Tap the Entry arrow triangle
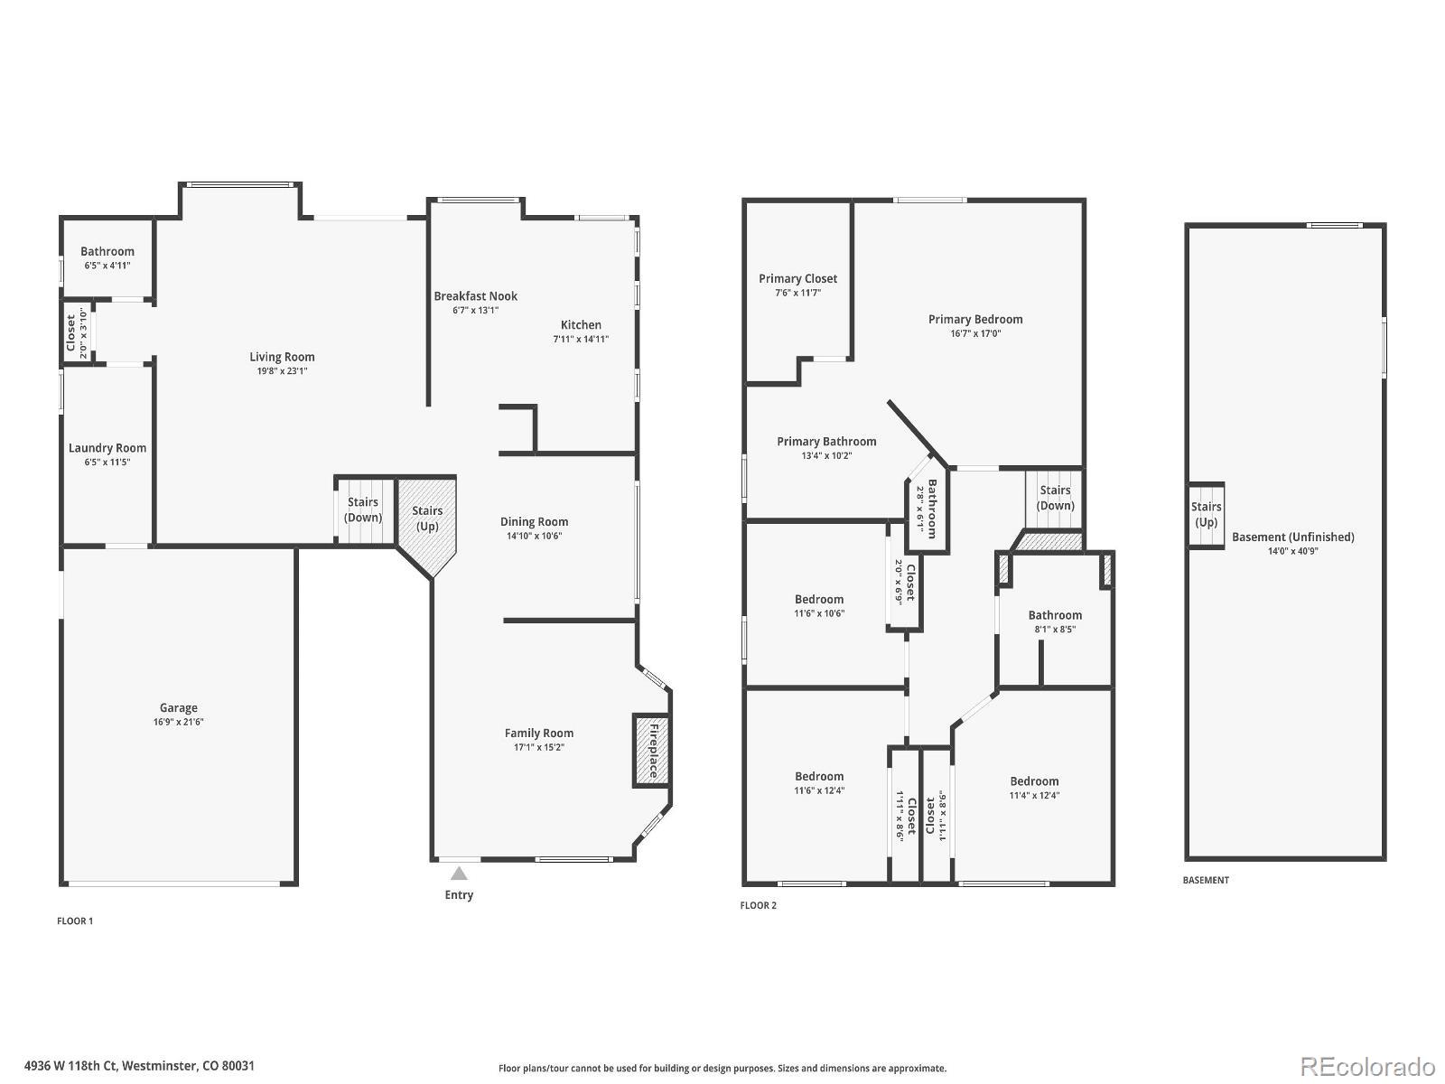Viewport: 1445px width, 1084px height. [459, 874]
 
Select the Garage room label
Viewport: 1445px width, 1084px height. [179, 708]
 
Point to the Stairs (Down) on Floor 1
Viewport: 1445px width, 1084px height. [363, 510]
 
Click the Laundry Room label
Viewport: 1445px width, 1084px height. [107, 448]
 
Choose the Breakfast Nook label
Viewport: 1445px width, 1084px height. [475, 296]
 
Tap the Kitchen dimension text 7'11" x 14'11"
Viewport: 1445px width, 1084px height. [581, 340]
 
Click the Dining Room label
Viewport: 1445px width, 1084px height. [534, 521]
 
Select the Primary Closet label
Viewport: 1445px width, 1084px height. [797, 278]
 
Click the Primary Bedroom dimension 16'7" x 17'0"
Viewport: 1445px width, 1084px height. [975, 333]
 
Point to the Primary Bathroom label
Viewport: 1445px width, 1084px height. [826, 442]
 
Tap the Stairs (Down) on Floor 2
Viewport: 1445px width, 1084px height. [1055, 498]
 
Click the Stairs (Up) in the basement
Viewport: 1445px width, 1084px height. [1206, 515]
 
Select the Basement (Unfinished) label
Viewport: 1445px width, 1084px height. [1292, 537]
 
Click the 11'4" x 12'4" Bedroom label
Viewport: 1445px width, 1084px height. [1034, 781]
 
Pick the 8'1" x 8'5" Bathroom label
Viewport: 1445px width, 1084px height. [1054, 615]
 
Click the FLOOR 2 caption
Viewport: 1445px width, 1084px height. [758, 905]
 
